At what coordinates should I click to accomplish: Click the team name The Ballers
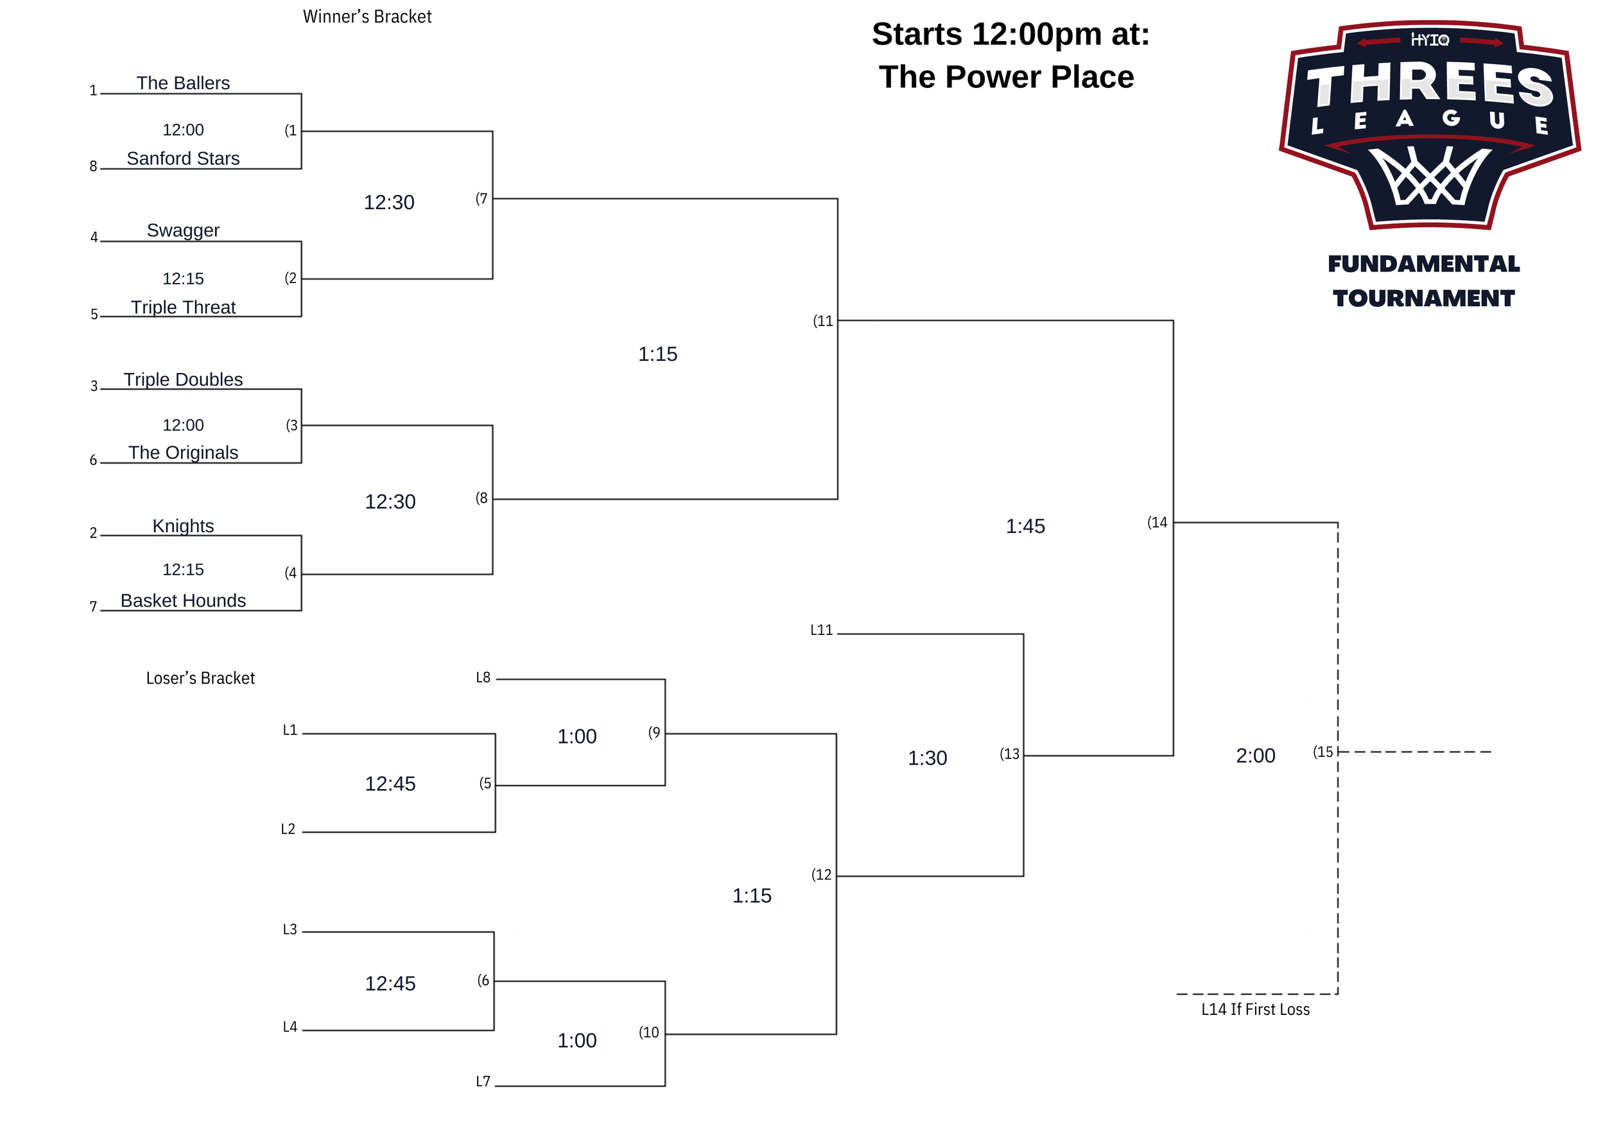[183, 83]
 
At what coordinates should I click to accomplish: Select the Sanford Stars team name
[183, 159]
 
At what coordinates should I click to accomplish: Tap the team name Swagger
[183, 230]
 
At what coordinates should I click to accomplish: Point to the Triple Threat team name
[183, 308]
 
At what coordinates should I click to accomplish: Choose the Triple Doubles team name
[183, 379]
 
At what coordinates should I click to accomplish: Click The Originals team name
[183, 453]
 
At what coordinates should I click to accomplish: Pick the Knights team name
[183, 526]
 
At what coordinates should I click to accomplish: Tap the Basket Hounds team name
[183, 601]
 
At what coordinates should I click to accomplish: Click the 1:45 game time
[1025, 526]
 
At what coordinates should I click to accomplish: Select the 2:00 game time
[1256, 756]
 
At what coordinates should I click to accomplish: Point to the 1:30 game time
[927, 758]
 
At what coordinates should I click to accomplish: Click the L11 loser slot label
[821, 630]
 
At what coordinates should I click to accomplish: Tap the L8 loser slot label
[483, 678]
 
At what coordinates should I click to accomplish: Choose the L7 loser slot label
[483, 1082]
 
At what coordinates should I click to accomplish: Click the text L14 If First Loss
[1256, 1009]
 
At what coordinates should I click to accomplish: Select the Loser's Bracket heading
[200, 679]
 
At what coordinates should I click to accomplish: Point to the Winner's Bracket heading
[367, 17]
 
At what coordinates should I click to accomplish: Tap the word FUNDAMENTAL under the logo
[1423, 264]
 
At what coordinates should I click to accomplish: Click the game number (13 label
[1009, 754]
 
